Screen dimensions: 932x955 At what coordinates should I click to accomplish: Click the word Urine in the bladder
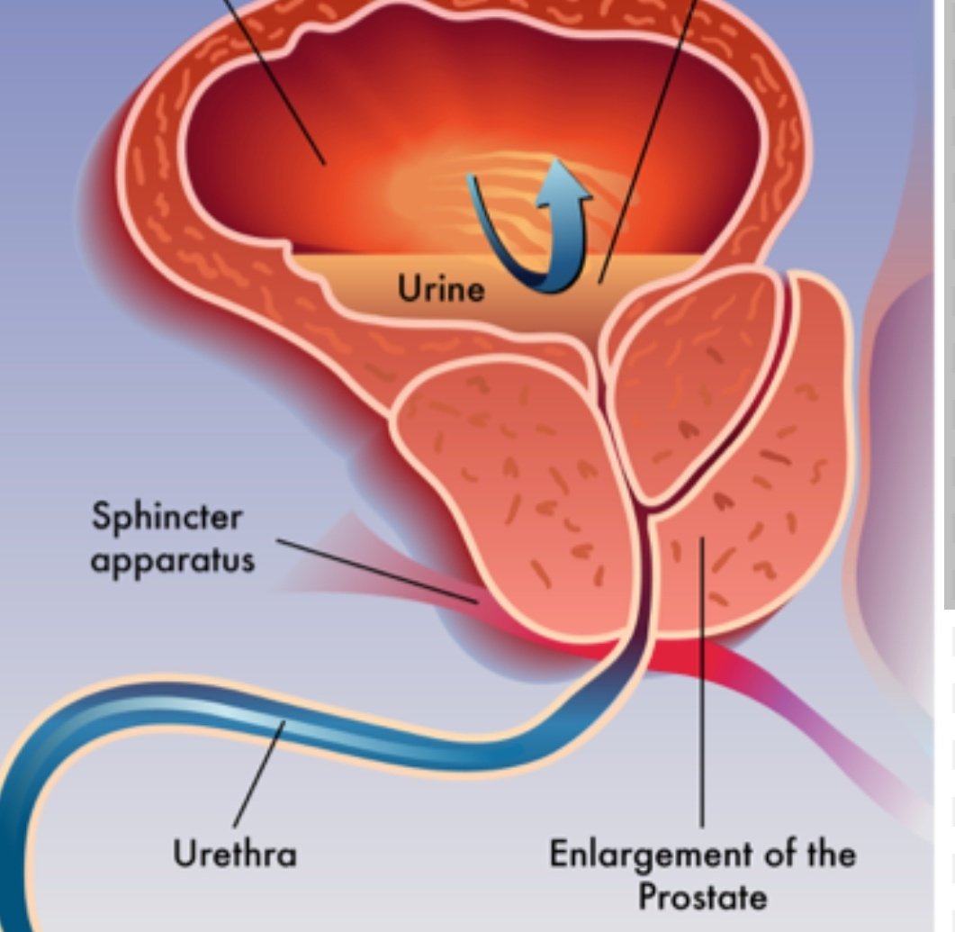click(x=441, y=289)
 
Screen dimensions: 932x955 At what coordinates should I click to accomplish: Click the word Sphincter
click(x=167, y=518)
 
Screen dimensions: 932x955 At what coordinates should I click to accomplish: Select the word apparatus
click(x=172, y=559)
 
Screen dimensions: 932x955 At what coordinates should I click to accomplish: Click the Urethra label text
click(x=235, y=853)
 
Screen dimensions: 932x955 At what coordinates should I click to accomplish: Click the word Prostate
click(x=702, y=896)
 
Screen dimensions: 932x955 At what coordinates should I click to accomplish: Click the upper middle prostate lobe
click(x=693, y=378)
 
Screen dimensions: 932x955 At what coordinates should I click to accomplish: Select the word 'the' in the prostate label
click(x=824, y=853)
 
